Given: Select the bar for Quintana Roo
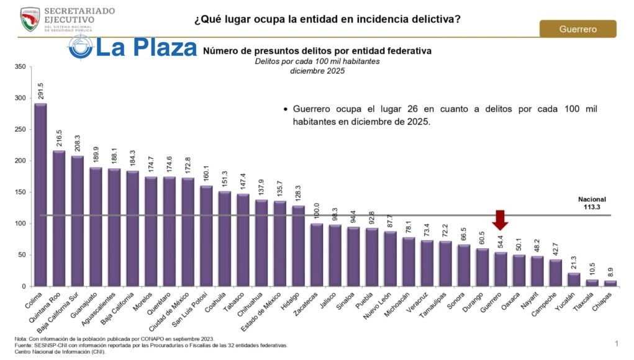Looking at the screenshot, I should click(58, 218).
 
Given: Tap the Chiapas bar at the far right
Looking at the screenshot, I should click(610, 283).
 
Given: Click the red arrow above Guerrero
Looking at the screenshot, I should click(500, 220).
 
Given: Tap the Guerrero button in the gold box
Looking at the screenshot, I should click(577, 29).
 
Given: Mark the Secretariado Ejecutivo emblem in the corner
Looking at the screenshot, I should click(30, 19).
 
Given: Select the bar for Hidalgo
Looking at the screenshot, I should click(298, 246).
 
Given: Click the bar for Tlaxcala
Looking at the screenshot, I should click(592, 282).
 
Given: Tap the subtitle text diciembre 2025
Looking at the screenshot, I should click(317, 71).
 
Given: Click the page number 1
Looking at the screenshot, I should click(617, 343).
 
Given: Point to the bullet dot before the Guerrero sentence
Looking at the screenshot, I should click(285, 109).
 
